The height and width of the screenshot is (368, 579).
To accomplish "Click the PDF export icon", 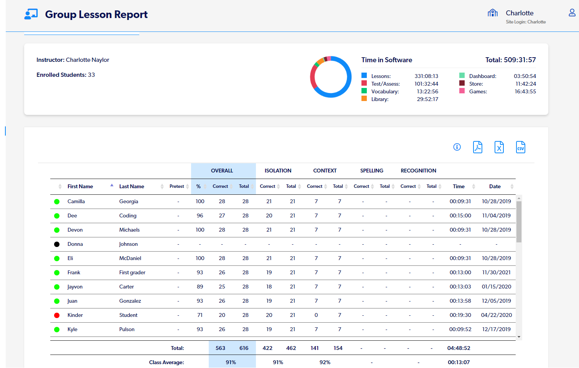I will pos(477,147).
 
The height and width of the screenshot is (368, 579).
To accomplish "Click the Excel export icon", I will pos(499,147).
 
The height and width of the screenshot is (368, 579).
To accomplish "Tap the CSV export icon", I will pos(520,147).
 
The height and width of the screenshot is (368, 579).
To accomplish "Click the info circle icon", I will pos(457,147).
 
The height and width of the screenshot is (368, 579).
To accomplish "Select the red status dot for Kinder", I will pos(57,315).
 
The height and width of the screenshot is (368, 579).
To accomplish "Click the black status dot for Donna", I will pos(57,244).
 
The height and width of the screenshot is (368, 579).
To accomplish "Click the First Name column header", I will pos(80,186).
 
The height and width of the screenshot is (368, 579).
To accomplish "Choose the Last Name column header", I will pos(132,186).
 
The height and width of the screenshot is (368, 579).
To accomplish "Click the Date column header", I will pos(495,186).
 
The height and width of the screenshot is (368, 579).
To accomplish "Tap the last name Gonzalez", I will pos(130,301).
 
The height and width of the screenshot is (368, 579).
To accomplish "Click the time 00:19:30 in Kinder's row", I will pos(460,315).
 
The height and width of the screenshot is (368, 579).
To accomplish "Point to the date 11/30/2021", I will pos(496,272).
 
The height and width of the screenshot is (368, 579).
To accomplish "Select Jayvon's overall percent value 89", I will pos(200,287).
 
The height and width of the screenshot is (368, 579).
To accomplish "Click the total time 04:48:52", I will pos(459,348).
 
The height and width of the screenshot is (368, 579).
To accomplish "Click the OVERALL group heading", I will pos(222,171).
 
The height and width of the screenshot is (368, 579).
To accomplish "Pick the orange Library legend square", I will pos(364,99).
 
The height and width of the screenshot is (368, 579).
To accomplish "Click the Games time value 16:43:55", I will pos(525,91).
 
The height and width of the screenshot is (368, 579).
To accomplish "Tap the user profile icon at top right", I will pos(572,13).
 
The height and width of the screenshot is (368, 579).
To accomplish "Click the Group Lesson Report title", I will pos(96,15).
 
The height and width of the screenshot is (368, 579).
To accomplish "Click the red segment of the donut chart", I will pos(313,78).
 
